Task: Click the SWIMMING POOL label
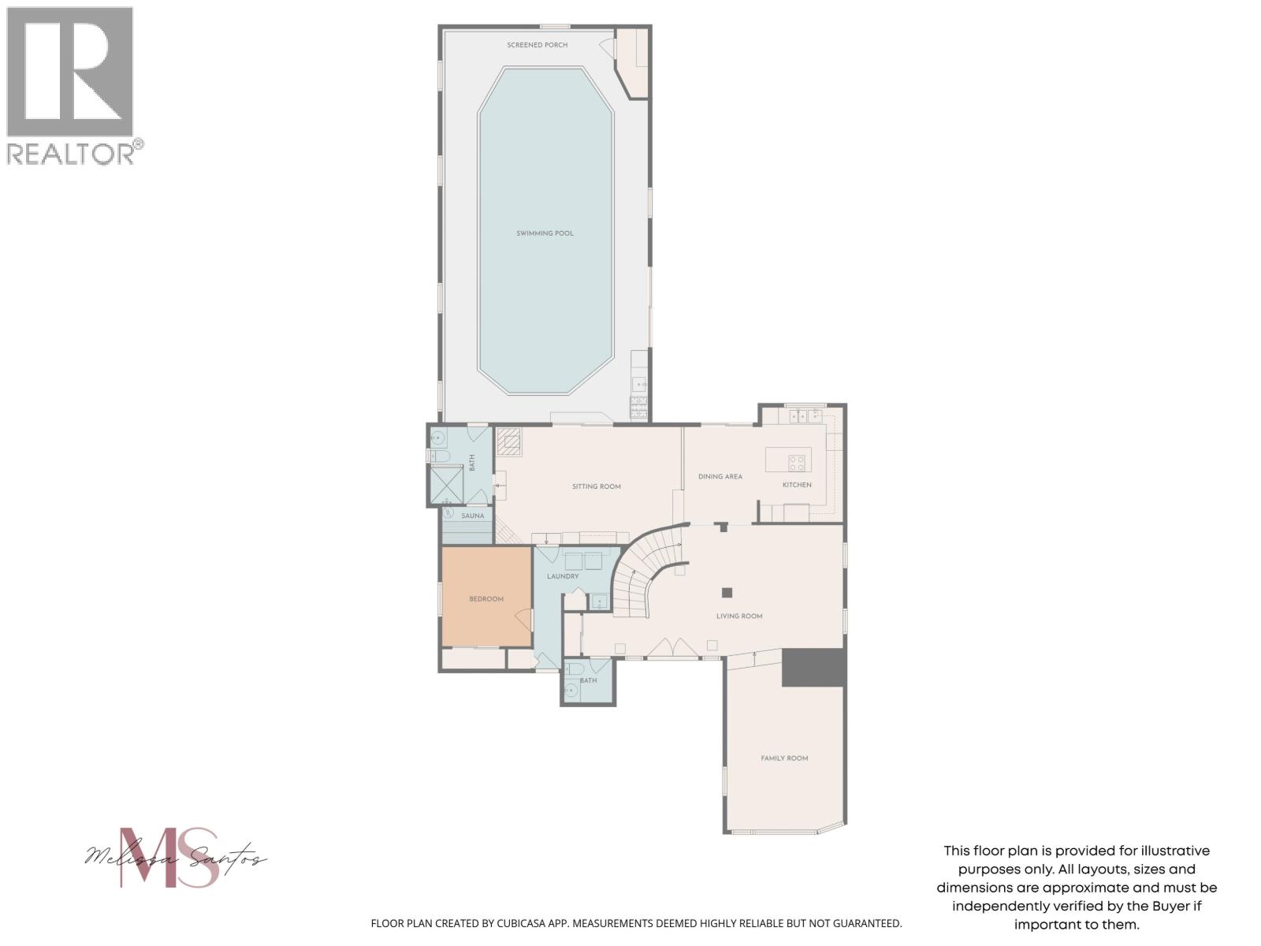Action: [545, 233]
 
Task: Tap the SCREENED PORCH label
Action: [537, 45]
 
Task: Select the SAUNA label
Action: [473, 516]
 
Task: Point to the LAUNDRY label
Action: [563, 576]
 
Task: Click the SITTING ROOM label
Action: [596, 486]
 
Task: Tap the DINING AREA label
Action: [720, 476]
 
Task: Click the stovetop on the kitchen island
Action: [798, 462]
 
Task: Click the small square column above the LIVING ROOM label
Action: [727, 593]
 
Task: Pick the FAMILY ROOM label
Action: [784, 758]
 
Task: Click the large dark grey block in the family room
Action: [813, 667]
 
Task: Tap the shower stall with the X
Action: [445, 485]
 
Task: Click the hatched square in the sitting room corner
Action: [509, 441]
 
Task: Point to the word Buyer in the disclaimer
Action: [1168, 907]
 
